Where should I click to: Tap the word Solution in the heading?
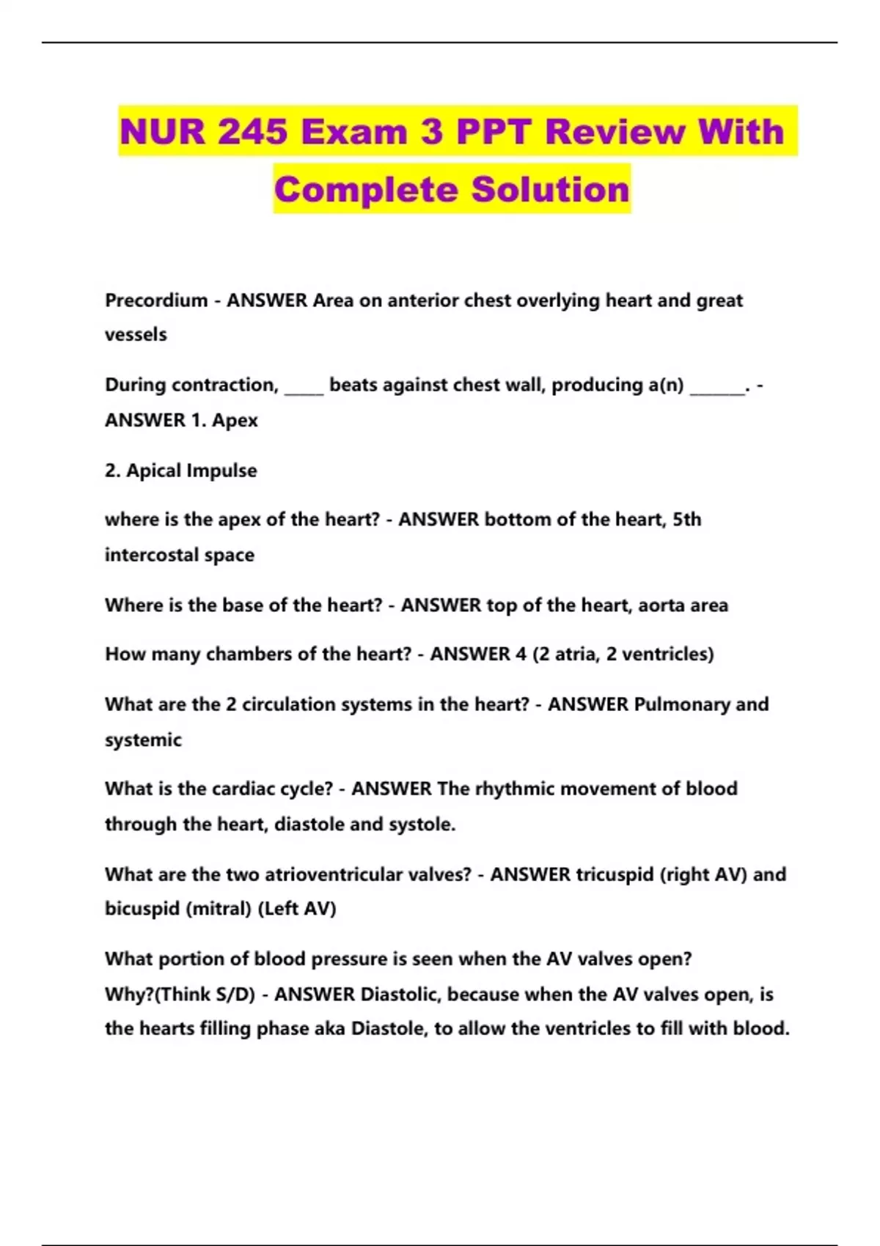550,189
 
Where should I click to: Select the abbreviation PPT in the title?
494,132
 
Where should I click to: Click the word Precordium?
156,301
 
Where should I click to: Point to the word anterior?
419,301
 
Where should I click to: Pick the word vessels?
136,335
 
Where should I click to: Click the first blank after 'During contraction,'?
304,386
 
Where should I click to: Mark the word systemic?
143,740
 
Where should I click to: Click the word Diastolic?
400,995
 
